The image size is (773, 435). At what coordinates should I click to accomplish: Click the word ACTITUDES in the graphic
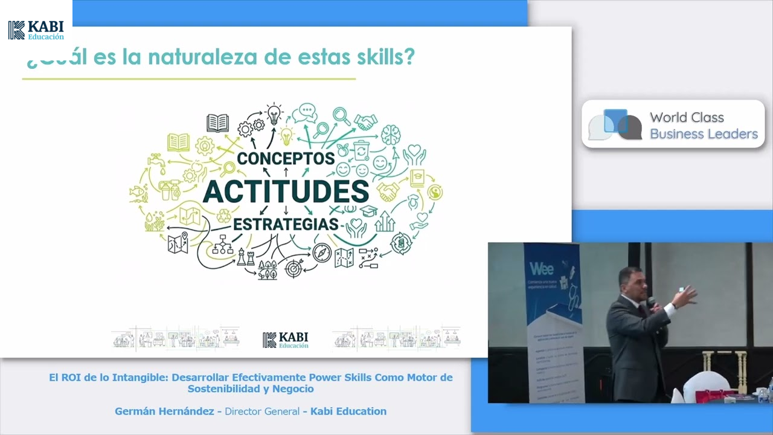click(x=286, y=192)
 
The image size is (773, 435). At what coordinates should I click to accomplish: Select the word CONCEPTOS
click(x=286, y=158)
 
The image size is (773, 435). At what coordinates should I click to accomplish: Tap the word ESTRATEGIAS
click(x=286, y=224)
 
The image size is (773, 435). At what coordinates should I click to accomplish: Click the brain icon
click(x=391, y=134)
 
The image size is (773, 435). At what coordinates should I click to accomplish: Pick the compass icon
click(x=322, y=253)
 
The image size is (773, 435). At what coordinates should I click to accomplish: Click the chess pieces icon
click(x=245, y=257)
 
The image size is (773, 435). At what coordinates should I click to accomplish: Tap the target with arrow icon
click(x=294, y=266)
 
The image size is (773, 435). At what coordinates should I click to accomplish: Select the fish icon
click(x=138, y=193)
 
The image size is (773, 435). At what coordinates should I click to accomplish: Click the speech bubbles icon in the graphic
click(x=305, y=113)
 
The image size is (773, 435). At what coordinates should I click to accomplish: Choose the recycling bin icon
click(x=361, y=149)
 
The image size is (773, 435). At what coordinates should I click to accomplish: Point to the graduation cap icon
click(x=368, y=211)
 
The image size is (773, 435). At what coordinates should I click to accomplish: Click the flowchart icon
click(x=222, y=243)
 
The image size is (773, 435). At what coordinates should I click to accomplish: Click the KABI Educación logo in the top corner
click(x=36, y=30)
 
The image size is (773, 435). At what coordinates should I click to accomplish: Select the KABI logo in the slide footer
click(x=286, y=340)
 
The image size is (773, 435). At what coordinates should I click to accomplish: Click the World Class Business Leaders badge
click(x=673, y=124)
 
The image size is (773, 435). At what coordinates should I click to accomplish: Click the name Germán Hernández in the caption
click(x=164, y=411)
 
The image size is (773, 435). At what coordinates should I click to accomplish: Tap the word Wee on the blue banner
click(x=542, y=268)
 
